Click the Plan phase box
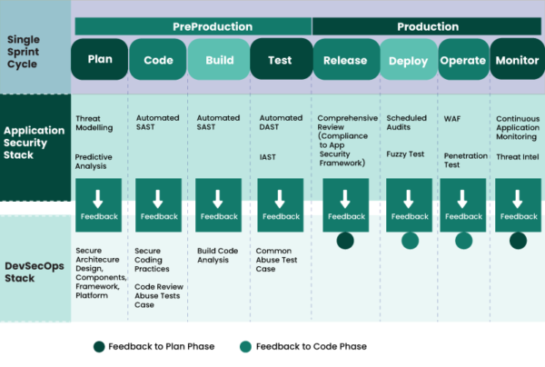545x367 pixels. click(x=100, y=61)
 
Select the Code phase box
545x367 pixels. click(x=159, y=61)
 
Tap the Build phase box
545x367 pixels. click(x=219, y=61)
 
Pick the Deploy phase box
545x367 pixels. click(x=407, y=61)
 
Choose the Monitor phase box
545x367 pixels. click(x=517, y=61)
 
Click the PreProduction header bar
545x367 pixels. click(x=193, y=26)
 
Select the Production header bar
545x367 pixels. click(x=427, y=26)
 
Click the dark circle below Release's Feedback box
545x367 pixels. click(x=345, y=241)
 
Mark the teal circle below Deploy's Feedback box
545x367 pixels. click(x=411, y=241)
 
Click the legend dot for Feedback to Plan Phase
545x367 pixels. click(x=98, y=346)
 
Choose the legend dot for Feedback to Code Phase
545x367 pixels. click(x=246, y=346)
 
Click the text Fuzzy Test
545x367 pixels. click(x=405, y=154)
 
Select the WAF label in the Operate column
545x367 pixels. click(x=452, y=118)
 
